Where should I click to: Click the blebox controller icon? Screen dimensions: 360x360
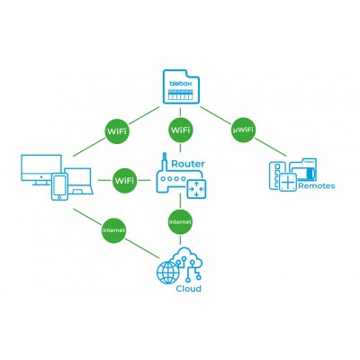[x=181, y=87]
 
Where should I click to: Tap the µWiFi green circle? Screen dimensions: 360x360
[x=243, y=130]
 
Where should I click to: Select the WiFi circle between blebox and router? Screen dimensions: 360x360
[x=180, y=130]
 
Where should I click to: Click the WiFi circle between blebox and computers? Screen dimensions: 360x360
[x=117, y=131]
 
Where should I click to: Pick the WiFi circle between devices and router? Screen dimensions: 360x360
[x=124, y=181]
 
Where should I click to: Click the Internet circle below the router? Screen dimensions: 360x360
[x=180, y=222]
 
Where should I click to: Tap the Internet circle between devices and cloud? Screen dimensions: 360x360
[x=113, y=230]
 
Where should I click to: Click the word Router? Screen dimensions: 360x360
[x=188, y=164]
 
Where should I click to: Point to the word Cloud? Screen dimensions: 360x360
[x=188, y=289]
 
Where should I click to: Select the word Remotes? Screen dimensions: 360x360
[x=316, y=186]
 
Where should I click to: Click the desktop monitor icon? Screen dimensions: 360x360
[x=41, y=170]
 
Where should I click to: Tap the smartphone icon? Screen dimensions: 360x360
[x=59, y=186]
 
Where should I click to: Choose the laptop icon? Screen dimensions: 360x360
[x=78, y=181]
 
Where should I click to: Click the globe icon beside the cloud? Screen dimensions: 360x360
[x=168, y=273]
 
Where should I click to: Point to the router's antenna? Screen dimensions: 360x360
[x=164, y=162]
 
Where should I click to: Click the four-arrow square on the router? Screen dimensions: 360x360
[x=196, y=189]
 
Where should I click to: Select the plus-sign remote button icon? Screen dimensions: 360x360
[x=287, y=182]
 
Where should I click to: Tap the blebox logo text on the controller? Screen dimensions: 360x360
[x=181, y=84]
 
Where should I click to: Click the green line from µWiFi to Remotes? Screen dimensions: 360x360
[x=271, y=147]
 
